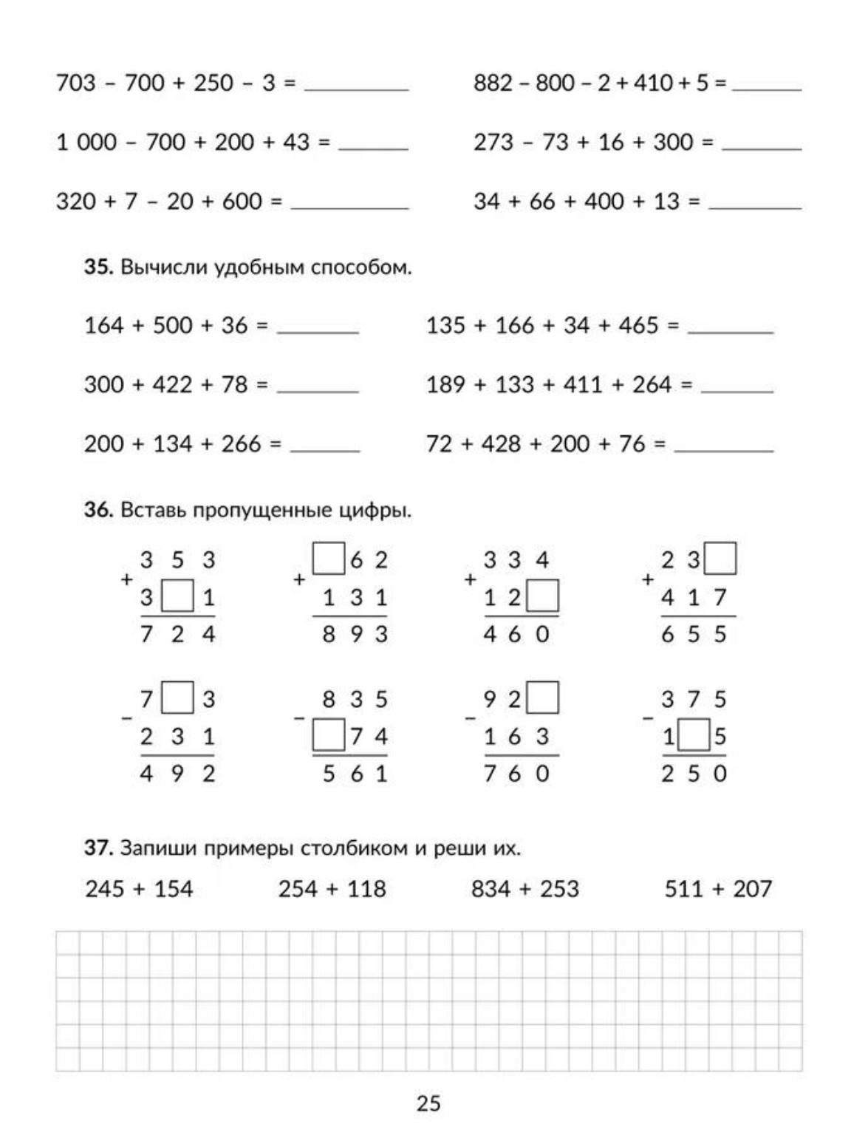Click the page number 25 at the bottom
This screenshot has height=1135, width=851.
[x=428, y=1103]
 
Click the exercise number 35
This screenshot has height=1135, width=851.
[x=97, y=267]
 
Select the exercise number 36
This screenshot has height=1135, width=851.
[x=97, y=510]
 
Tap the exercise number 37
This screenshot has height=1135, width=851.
[x=97, y=848]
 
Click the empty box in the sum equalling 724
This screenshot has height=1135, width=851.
[x=177, y=596]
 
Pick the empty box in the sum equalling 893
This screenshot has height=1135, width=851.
[x=329, y=559]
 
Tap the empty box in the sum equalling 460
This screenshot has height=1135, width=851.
[x=543, y=596]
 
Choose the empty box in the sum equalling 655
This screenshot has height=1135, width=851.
[x=720, y=559]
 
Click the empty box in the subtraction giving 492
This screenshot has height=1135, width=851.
[x=177, y=698]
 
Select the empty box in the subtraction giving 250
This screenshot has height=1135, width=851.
[x=694, y=736]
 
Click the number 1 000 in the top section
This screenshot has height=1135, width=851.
[x=86, y=142]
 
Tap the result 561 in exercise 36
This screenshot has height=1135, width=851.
[x=355, y=774]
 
